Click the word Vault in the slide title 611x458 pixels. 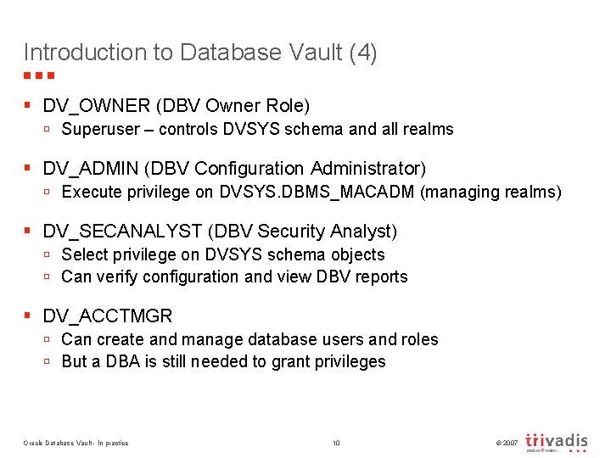(311, 53)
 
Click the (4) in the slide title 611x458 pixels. (362, 53)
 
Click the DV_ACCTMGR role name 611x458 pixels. (108, 316)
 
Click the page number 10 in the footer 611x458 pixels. (336, 444)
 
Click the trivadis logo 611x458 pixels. (557, 442)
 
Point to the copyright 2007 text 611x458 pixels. (505, 444)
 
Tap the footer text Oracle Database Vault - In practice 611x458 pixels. (76, 444)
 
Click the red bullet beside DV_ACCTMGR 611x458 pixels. (28, 316)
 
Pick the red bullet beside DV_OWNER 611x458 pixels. (28, 106)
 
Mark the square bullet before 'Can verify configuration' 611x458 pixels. (48, 277)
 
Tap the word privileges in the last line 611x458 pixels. (349, 362)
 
